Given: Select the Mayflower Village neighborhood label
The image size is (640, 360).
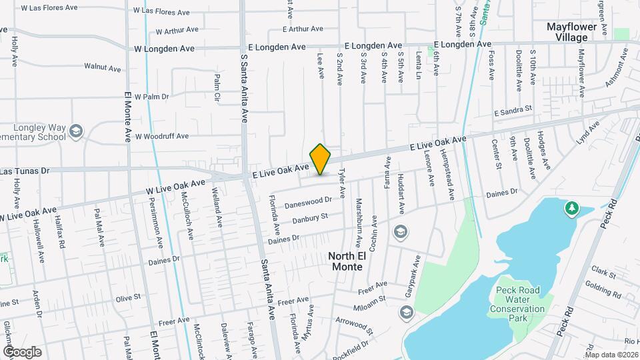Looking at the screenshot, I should (x=576, y=32).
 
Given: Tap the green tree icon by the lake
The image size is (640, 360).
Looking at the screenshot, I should (x=571, y=209).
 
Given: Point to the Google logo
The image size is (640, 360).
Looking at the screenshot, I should (x=22, y=352).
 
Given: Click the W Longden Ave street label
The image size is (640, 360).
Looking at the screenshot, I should (x=164, y=49).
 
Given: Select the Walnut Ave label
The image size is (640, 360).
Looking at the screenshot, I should (x=102, y=67).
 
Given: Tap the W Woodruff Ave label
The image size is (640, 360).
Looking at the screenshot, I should (x=162, y=136).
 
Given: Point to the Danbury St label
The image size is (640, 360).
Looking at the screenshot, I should (x=311, y=217).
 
